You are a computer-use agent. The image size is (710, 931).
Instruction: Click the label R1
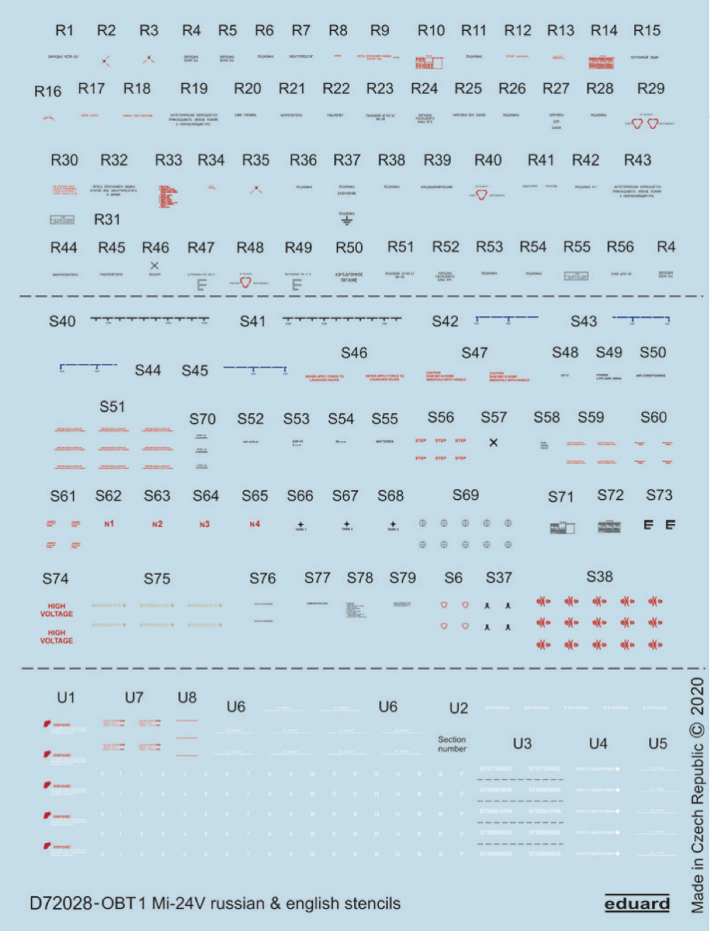pos(64,31)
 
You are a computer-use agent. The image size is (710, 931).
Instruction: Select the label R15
pos(646,31)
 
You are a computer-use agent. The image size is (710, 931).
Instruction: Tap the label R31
pos(107,220)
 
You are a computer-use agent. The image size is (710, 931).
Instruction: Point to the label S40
pos(62,322)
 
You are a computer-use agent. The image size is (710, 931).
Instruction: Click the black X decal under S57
pos(493,443)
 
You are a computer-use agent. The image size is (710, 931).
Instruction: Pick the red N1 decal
pos(109,524)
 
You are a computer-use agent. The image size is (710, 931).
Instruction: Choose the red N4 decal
pos(255,524)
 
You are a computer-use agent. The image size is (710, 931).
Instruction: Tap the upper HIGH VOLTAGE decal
pos(57,610)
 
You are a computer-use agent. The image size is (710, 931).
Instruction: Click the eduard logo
pos(637,904)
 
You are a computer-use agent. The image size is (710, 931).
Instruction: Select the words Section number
pos(452,744)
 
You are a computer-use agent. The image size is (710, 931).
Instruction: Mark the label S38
pos(599,577)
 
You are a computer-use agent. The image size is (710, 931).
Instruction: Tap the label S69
pos(465,496)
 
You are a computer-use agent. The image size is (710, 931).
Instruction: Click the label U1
pos(66,698)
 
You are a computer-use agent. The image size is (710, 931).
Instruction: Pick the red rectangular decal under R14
pos(601,63)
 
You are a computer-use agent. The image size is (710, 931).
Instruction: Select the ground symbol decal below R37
pos(346,221)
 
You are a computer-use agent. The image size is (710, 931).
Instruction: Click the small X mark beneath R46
pos(154,266)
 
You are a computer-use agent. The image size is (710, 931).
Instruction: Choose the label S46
pos(354,353)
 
